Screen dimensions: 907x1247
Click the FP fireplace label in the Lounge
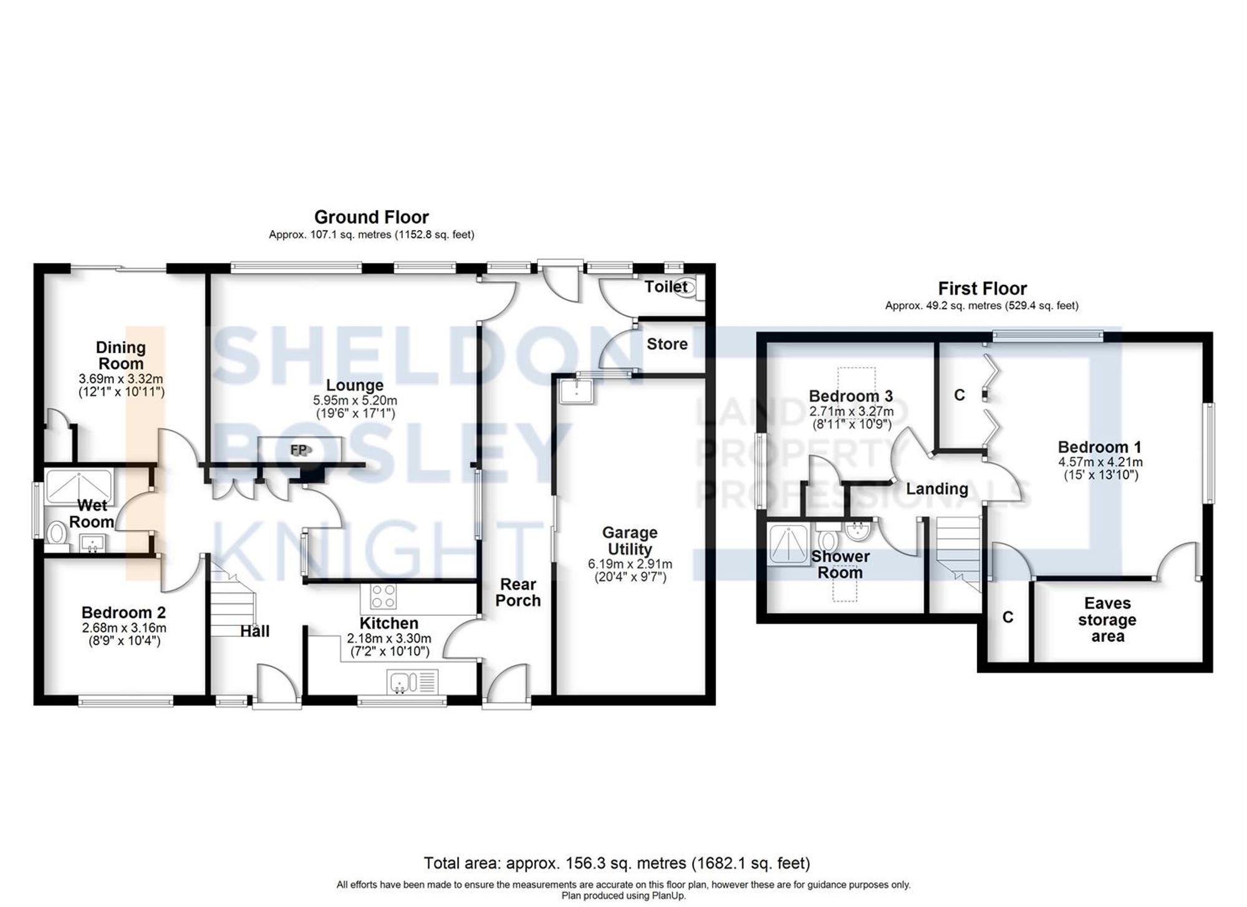(299, 449)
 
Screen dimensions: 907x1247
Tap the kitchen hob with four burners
(382, 597)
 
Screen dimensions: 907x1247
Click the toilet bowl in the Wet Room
(57, 534)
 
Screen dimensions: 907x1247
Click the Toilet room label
(665, 287)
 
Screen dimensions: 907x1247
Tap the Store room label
(667, 344)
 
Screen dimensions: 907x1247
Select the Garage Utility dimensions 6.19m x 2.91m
(630, 564)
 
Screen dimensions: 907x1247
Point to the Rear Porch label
(518, 592)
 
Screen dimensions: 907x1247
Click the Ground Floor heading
(371, 217)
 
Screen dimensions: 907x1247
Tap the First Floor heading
(982, 289)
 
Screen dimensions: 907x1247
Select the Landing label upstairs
(936, 489)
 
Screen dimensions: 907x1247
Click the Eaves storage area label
(1107, 620)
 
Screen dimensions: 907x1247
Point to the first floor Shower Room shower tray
(788, 544)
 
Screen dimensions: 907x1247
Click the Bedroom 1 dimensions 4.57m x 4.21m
(1100, 463)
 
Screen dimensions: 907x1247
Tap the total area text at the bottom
(616, 863)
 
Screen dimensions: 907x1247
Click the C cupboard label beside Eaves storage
(1008, 617)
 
